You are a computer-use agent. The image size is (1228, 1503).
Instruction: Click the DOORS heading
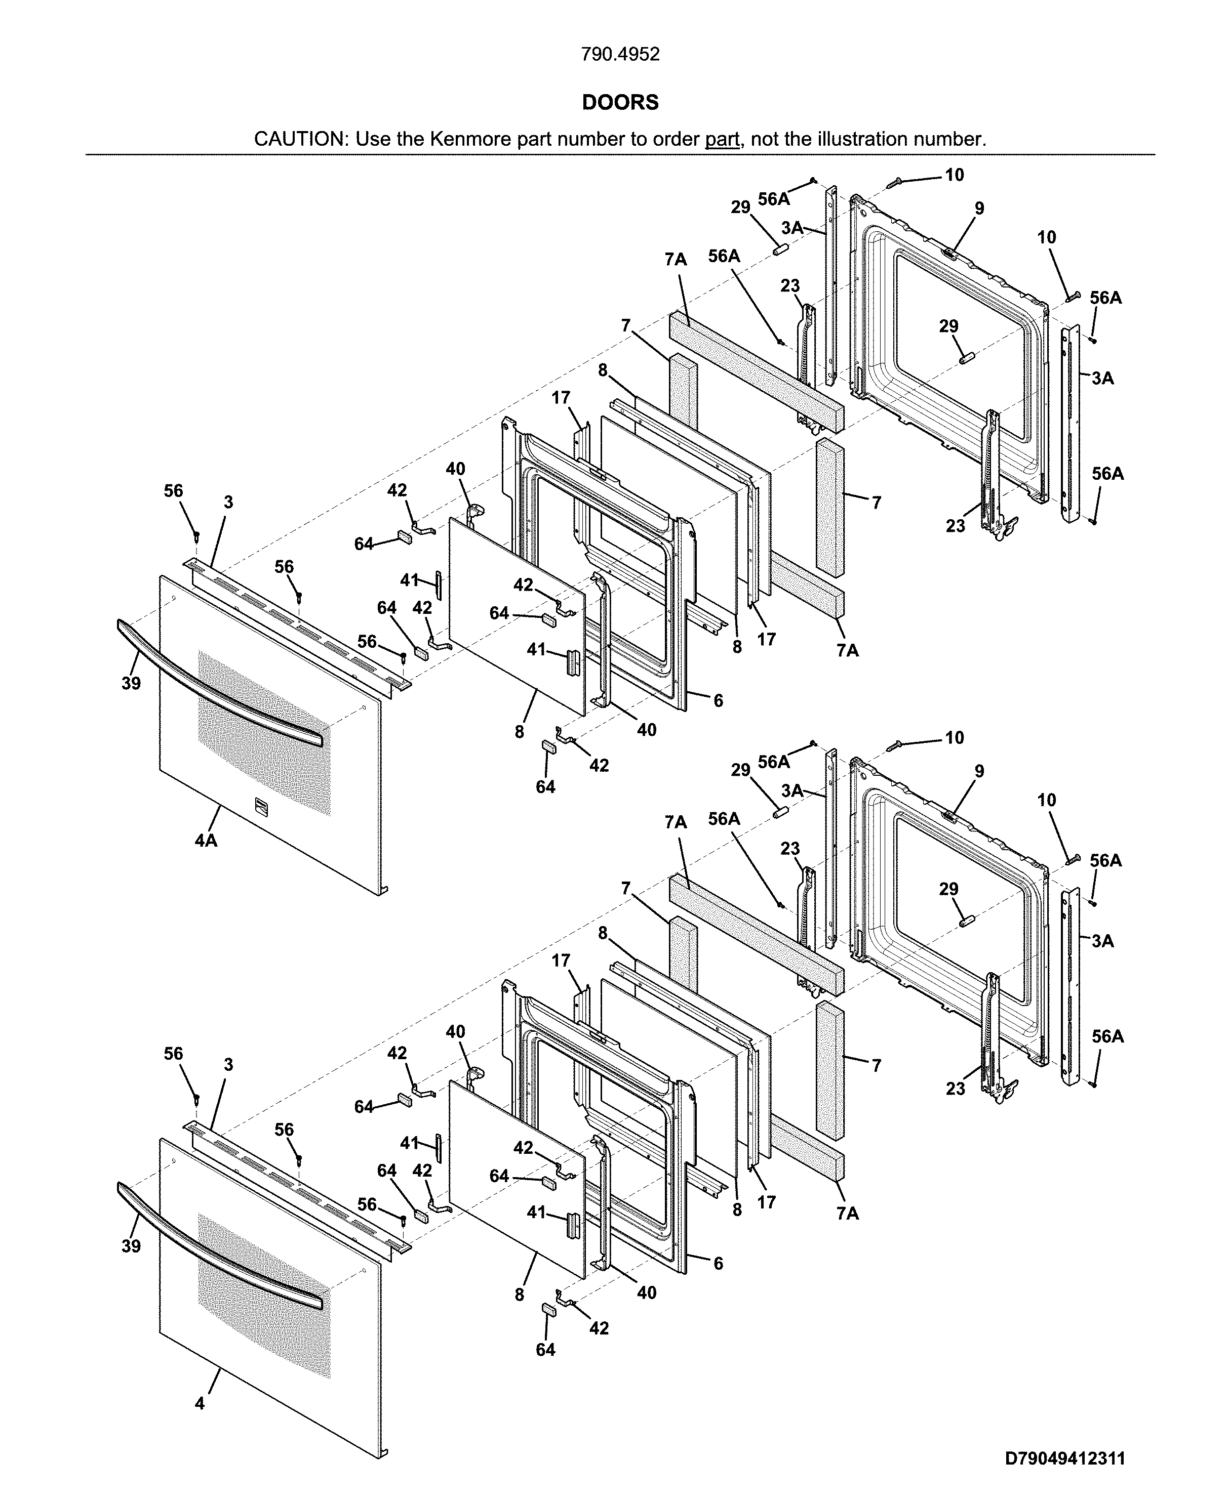620,103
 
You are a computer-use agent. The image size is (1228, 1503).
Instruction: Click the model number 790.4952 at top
620,55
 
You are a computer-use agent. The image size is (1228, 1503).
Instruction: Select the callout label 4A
206,841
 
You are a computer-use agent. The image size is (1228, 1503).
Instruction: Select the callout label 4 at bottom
200,1403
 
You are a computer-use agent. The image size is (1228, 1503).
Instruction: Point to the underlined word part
722,139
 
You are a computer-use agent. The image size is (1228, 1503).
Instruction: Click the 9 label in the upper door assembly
979,208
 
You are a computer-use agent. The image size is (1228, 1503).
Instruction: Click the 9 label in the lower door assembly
979,771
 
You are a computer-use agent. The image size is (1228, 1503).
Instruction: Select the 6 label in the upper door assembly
718,700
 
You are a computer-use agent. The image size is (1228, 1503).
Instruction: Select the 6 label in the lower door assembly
718,1263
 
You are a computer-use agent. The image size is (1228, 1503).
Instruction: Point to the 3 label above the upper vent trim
228,503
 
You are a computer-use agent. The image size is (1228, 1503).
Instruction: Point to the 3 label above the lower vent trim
228,1065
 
